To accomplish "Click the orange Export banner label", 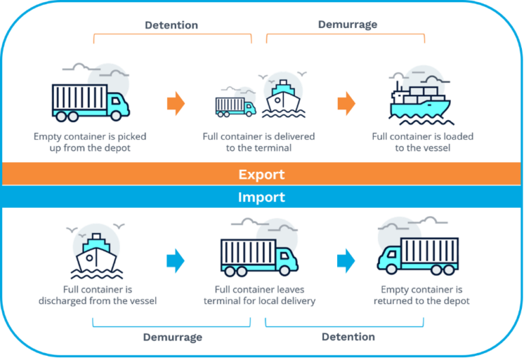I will pos(261,175).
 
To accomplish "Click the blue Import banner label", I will pos(261,198).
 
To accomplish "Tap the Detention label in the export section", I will pos(171,25).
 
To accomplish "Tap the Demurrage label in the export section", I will pos(347,25).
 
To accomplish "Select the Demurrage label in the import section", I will pos(173,337).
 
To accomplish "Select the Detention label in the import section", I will pos(348,336).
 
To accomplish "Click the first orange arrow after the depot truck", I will pos(175,104).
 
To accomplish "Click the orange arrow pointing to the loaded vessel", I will pos(346,104).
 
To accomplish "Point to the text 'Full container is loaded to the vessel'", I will pos(422,142).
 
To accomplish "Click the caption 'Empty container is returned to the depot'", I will pos(421,295).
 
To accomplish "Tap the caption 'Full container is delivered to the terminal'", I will pos(259,142).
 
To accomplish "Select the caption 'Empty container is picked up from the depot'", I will pos(90,142).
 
